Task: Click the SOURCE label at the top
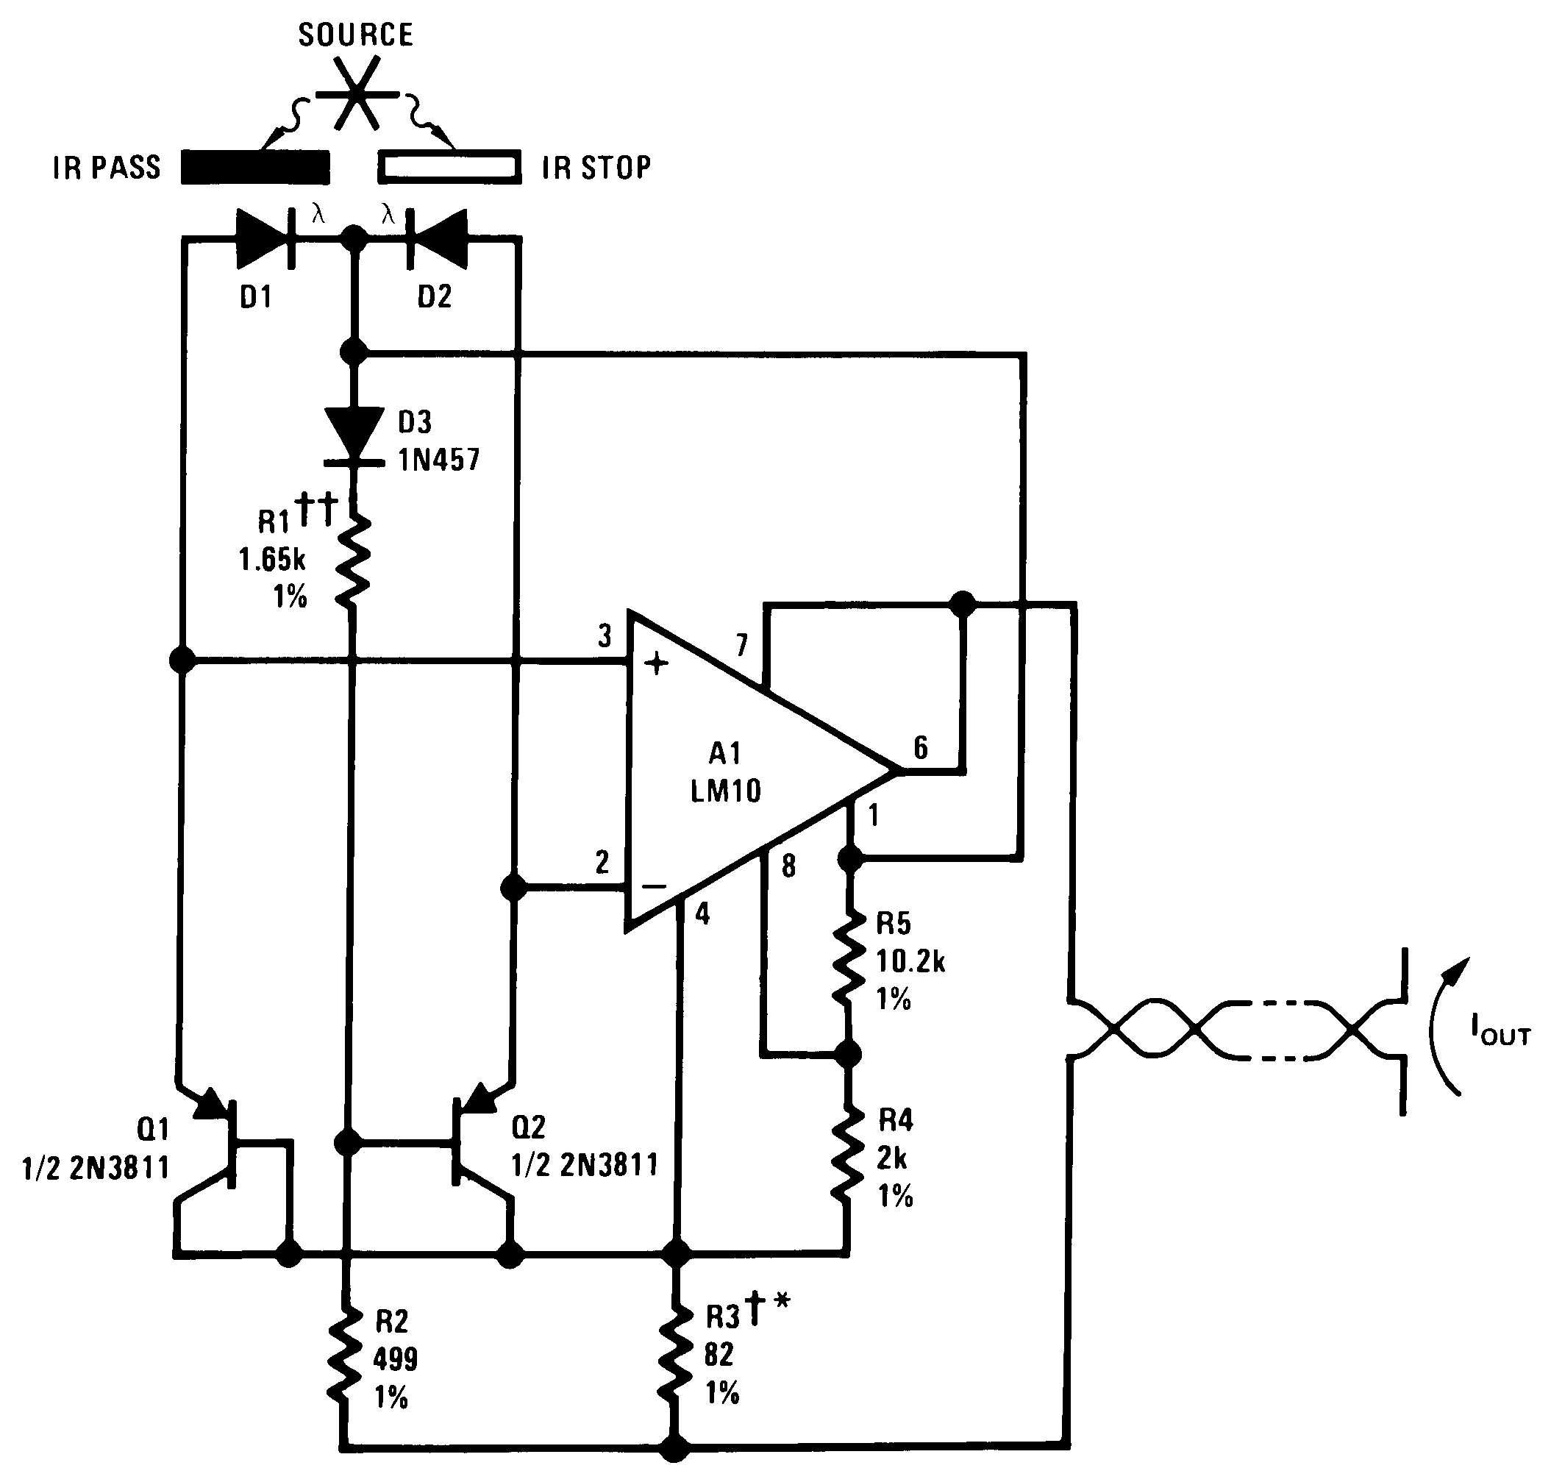click(355, 35)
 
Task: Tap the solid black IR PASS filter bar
click(255, 167)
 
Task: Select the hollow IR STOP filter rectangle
click(449, 167)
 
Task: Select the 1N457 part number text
click(438, 460)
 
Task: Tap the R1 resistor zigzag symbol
click(353, 561)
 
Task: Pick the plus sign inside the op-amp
click(656, 663)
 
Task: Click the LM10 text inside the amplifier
click(725, 791)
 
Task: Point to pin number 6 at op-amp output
click(921, 748)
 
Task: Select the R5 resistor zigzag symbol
click(848, 960)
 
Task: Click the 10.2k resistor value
click(910, 961)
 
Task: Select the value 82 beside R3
click(719, 1355)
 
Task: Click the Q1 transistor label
click(153, 1130)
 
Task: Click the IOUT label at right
click(1500, 1030)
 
